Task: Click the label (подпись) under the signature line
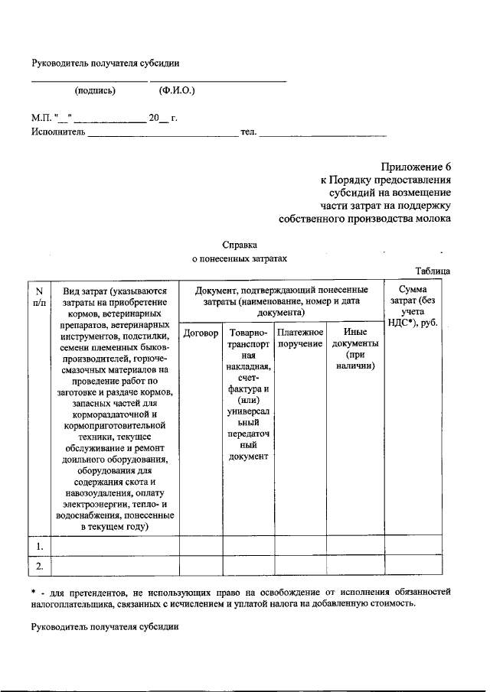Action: tap(95, 91)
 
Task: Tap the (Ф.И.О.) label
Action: tap(177, 91)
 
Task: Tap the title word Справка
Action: tap(238, 245)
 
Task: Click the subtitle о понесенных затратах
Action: tap(238, 259)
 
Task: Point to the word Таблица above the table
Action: tap(433, 271)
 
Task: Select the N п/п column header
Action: tap(38, 296)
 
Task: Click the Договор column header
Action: tap(201, 334)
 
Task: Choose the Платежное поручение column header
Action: tap(300, 339)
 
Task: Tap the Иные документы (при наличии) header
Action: tap(354, 349)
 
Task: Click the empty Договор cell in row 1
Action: tap(201, 545)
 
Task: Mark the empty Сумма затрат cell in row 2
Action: tap(413, 566)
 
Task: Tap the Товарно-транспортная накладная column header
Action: tap(247, 395)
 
